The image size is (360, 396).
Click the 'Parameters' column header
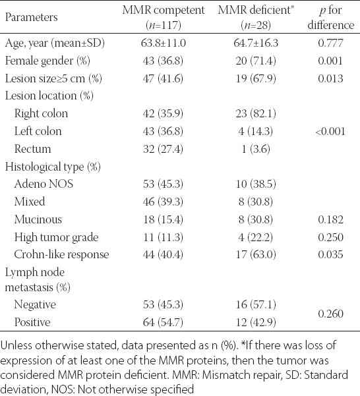[x=32, y=17]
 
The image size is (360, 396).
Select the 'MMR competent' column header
[x=164, y=17]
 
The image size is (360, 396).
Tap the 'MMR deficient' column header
[x=256, y=17]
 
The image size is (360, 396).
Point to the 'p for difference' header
[x=331, y=17]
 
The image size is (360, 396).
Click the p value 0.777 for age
[x=331, y=43]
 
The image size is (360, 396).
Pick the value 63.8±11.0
[x=164, y=43]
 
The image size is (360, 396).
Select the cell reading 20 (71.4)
[x=256, y=61]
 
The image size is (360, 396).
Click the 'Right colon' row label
[x=41, y=113]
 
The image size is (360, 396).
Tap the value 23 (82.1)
[x=256, y=113]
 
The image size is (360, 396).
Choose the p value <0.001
[x=330, y=131]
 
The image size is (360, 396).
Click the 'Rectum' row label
[x=32, y=149]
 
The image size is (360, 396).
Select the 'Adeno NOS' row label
[x=44, y=184]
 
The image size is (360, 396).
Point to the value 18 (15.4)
[x=163, y=219]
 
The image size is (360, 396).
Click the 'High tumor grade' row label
[x=56, y=237]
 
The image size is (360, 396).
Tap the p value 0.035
[x=331, y=254]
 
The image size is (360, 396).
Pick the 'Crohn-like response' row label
[x=61, y=254]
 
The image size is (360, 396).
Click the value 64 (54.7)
[x=163, y=322]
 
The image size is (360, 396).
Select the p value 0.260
[x=331, y=314]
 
